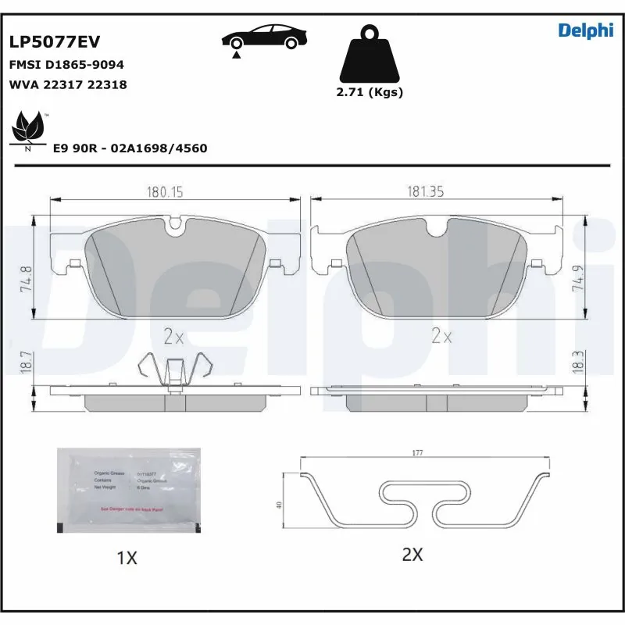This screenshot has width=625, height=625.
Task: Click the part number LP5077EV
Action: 54,42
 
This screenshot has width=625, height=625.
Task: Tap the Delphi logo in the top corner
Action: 585,30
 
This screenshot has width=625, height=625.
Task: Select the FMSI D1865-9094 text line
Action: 66,65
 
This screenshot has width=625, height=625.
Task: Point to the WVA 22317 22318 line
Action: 67,84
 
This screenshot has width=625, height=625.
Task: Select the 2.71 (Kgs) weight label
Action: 369,92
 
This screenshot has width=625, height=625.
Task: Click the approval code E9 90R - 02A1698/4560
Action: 130,148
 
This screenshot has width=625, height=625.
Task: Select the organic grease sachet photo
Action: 128,490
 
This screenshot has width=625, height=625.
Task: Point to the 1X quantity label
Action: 127,558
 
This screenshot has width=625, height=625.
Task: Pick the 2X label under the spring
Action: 412,555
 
